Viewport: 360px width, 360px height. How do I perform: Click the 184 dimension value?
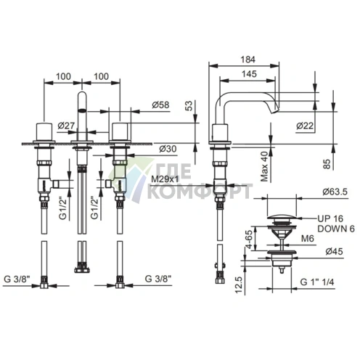click(248, 60)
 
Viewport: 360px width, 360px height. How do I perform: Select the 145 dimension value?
click(249, 74)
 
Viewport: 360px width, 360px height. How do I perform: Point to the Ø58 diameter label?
click(160, 105)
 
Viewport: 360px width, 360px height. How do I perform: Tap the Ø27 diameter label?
click(66, 126)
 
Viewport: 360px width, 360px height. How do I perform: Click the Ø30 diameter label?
click(168, 149)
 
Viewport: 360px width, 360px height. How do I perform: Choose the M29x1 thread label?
click(165, 179)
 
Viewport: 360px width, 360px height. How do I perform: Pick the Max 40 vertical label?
click(265, 166)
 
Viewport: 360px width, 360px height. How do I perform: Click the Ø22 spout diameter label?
click(305, 126)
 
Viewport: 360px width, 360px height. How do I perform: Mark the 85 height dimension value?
click(327, 164)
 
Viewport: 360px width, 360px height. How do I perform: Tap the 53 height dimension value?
click(189, 106)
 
